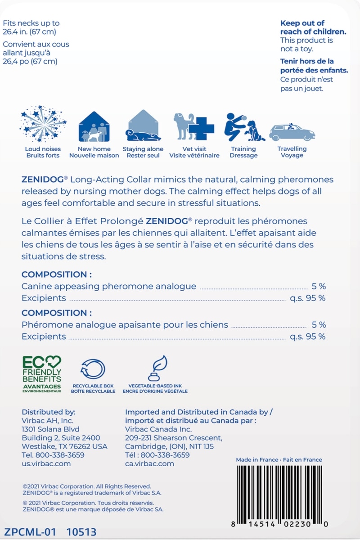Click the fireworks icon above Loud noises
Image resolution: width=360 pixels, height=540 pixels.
[43, 124]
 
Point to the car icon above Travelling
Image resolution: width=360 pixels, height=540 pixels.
[292, 131]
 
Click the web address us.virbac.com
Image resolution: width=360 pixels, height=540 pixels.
[46, 463]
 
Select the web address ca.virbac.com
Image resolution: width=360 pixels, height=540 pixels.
[149, 463]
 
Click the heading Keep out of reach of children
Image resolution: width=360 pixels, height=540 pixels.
[308, 27]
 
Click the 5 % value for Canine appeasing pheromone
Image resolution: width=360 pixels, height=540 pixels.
[319, 286]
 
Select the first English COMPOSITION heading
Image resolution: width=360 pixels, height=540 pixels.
[57, 274]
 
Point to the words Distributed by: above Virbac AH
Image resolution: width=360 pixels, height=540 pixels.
[49, 412]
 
